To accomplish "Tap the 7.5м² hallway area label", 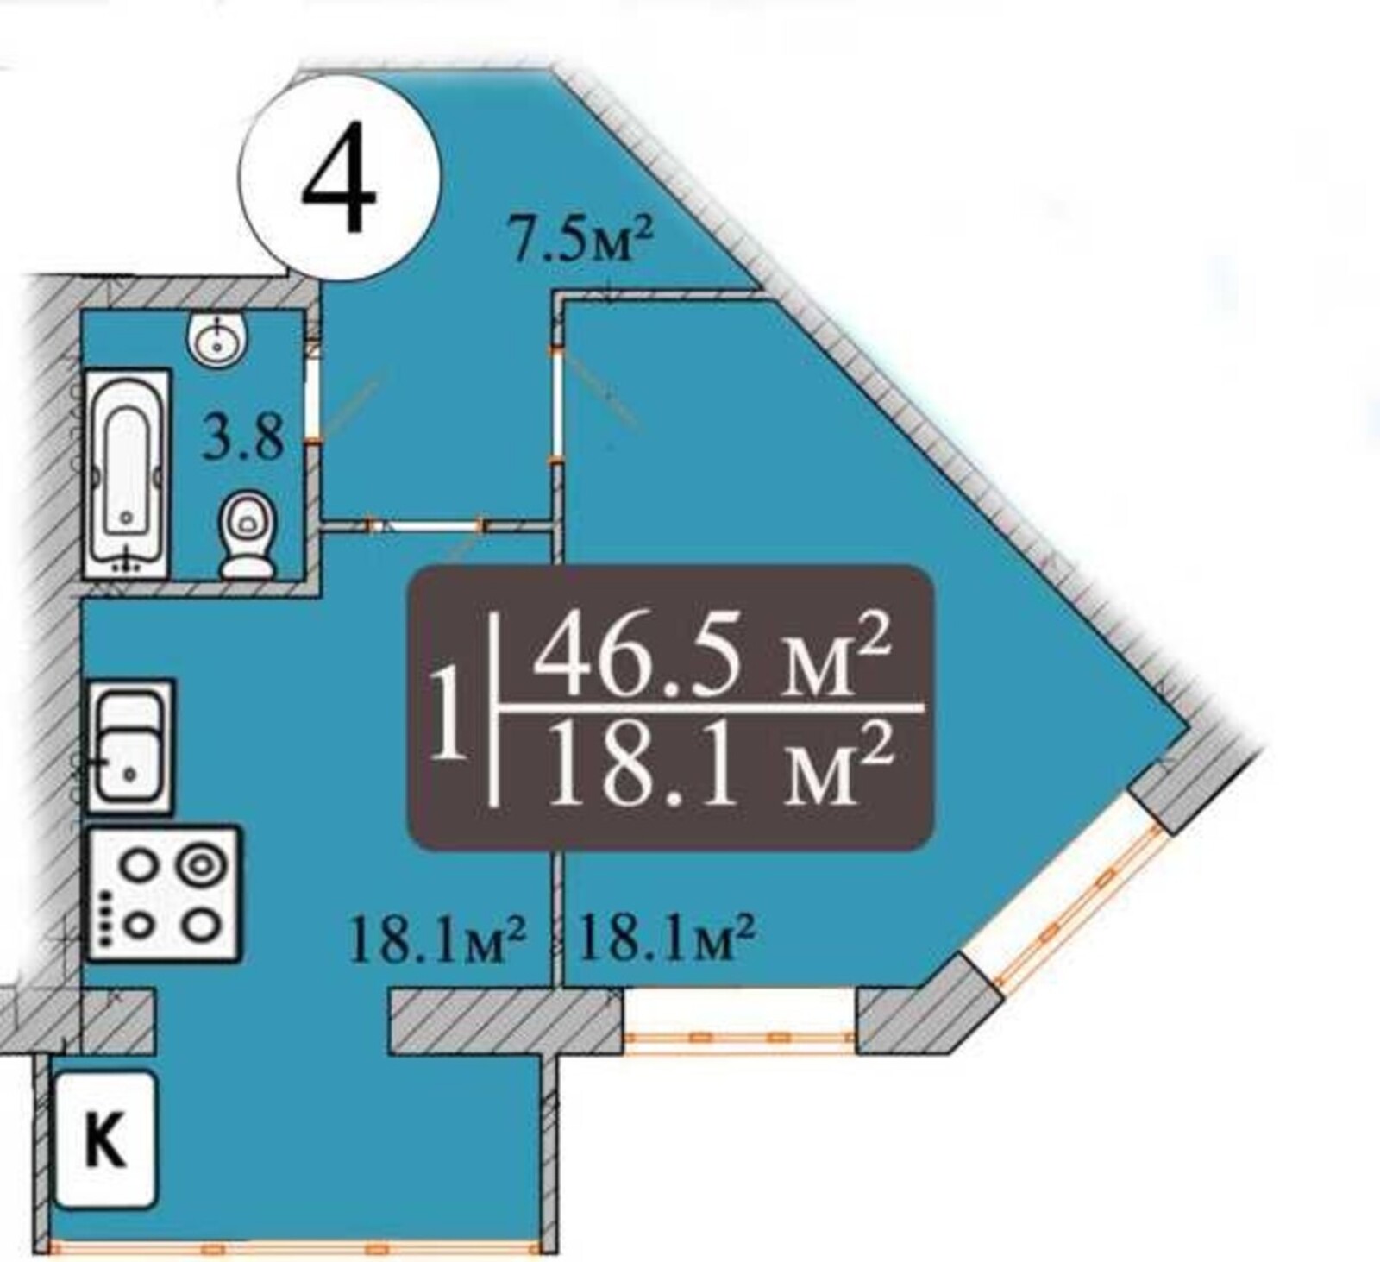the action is click(x=579, y=241).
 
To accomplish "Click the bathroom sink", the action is click(x=219, y=338).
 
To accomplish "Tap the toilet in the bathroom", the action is click(x=248, y=535).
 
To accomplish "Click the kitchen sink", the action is click(x=130, y=746).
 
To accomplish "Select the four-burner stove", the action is click(x=163, y=894).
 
